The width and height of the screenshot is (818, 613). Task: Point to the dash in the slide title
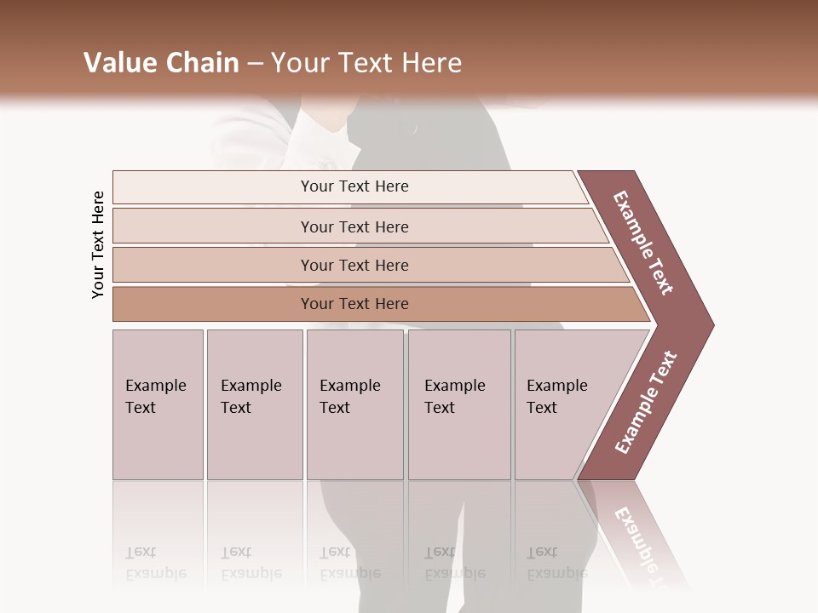point(255,64)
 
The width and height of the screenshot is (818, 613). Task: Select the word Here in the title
point(431,63)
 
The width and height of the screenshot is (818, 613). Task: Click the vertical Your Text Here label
point(98,244)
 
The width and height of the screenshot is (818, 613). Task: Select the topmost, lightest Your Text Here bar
point(354,186)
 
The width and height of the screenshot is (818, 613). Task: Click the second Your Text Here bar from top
point(354,226)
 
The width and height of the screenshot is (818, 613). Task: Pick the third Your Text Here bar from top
point(354,265)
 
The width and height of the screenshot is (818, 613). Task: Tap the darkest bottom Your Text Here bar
point(354,304)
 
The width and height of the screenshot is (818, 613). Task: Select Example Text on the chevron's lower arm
point(646,403)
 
